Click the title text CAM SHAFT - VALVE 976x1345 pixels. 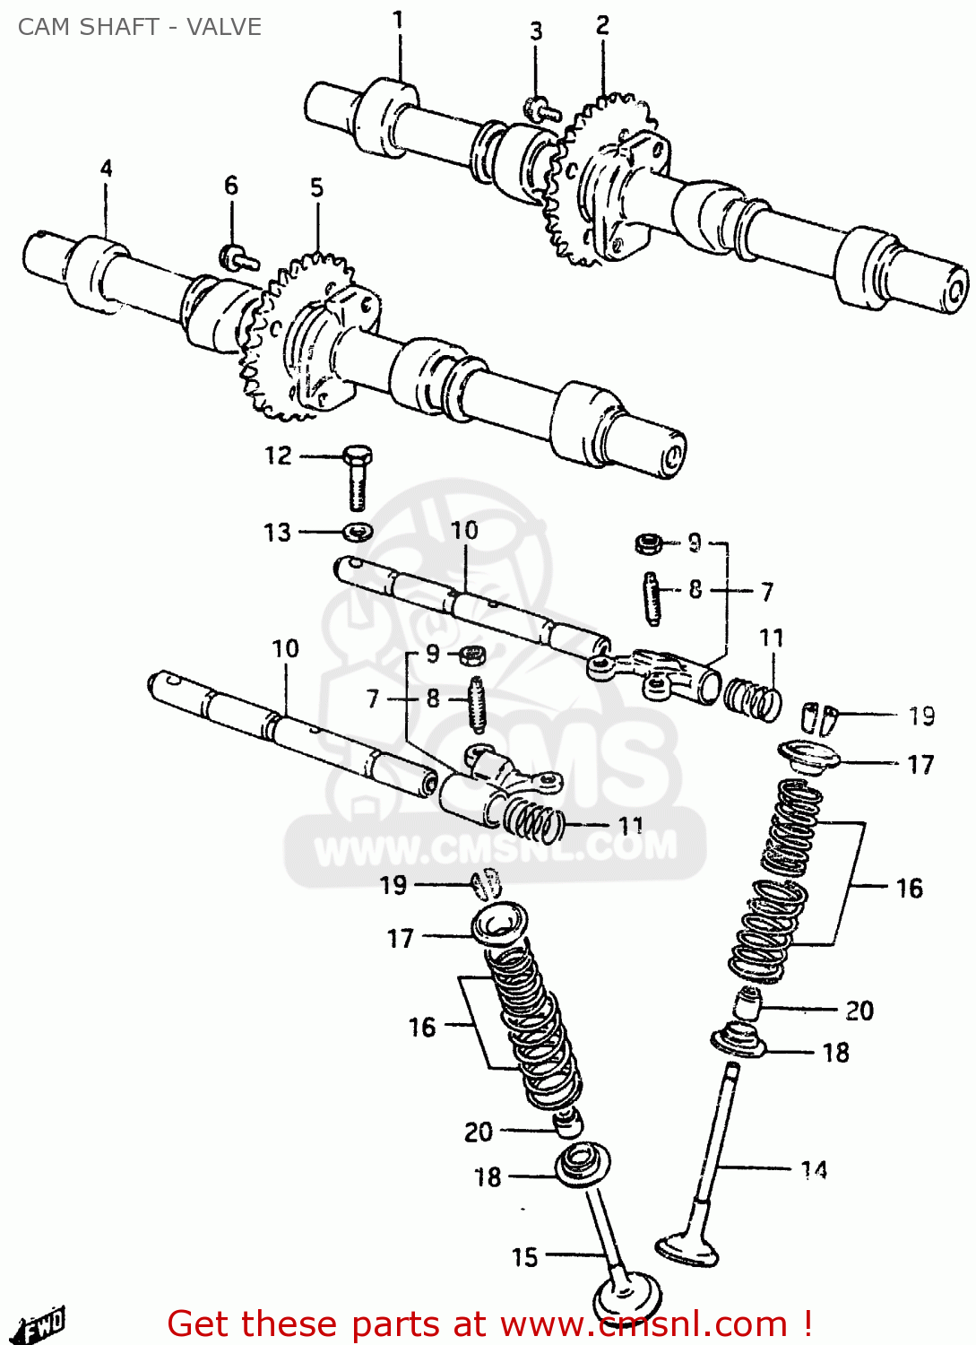pyautogui.click(x=140, y=27)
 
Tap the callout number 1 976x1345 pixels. pyautogui.click(x=398, y=19)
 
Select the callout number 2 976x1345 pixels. pyautogui.click(x=602, y=25)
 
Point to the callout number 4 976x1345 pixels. pyautogui.click(x=106, y=168)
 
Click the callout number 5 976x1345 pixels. pyautogui.click(x=316, y=187)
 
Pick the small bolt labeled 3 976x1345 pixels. pyautogui.click(x=540, y=110)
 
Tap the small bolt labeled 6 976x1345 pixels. pyautogui.click(x=238, y=258)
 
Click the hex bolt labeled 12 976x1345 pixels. pyautogui.click(x=357, y=476)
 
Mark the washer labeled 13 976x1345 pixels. pyautogui.click(x=358, y=532)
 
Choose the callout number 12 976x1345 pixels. pyautogui.click(x=278, y=456)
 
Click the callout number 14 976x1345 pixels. pyautogui.click(x=813, y=1169)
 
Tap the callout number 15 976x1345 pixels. pyautogui.click(x=524, y=1257)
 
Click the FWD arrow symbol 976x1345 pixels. pyautogui.click(x=41, y=1323)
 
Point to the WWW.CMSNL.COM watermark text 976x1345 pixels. pyautogui.click(x=496, y=848)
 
